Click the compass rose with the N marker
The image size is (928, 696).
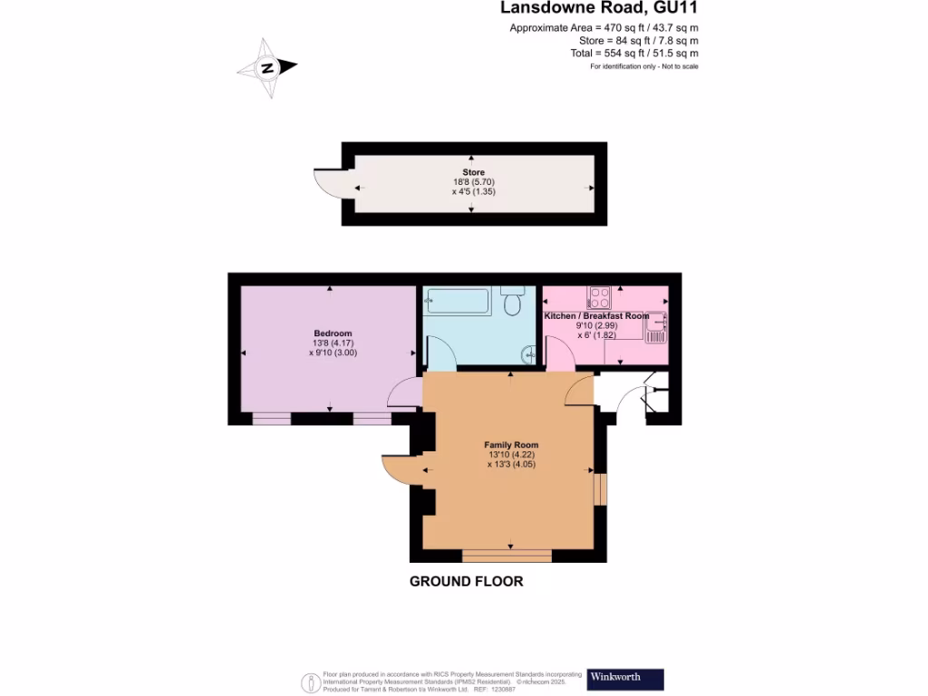(267, 68)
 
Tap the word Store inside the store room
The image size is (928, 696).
(473, 172)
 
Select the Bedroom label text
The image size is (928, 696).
(333, 333)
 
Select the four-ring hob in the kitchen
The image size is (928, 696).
(600, 298)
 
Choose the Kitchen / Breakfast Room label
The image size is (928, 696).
(596, 315)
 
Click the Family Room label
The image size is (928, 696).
(511, 445)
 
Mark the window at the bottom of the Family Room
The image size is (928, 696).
(507, 555)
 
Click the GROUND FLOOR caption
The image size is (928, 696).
(466, 582)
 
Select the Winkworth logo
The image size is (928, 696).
(625, 679)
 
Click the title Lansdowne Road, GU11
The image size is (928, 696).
(599, 9)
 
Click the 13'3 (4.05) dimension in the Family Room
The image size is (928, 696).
(511, 464)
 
